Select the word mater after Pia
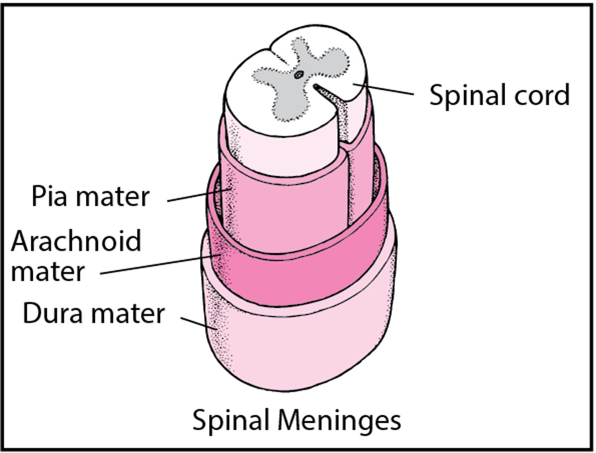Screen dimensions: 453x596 click(114, 196)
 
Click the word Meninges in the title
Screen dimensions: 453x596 click(339, 421)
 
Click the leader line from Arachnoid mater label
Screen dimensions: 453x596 click(159, 264)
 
